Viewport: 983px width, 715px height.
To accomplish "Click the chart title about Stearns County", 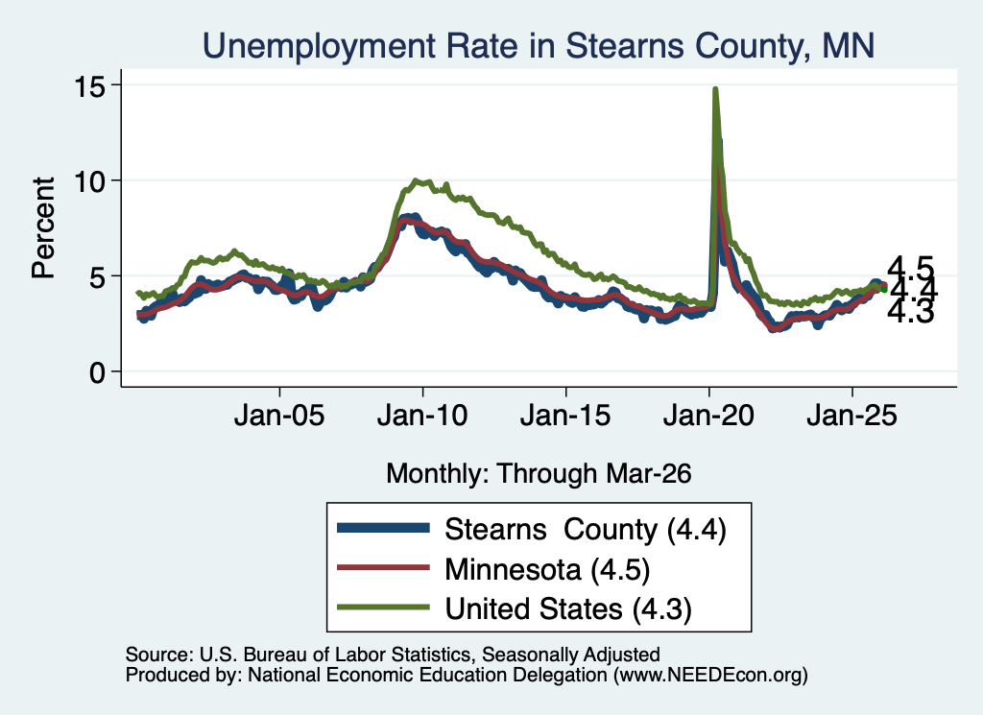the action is tap(538, 46).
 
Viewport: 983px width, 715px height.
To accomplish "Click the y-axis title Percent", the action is tap(43, 227).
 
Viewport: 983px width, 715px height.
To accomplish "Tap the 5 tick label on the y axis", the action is tap(97, 277).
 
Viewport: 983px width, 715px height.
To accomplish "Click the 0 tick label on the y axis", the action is tap(97, 372).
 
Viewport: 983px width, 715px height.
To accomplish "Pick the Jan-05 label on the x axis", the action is tap(279, 416).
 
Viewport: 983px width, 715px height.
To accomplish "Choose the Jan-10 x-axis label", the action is tap(422, 416).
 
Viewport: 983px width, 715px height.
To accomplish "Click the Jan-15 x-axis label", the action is tap(565, 416).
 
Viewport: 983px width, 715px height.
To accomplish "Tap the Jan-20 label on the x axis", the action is tap(708, 416).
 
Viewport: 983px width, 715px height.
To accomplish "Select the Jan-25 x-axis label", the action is tap(852, 416).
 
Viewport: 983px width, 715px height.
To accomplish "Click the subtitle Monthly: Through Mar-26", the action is tap(539, 474).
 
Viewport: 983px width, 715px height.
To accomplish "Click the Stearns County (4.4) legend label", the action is tap(586, 530).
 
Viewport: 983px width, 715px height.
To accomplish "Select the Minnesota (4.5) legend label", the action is tap(547, 570).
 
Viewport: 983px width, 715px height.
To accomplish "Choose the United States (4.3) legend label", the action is tap(568, 609).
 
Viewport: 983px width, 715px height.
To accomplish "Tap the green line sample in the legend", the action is tap(383, 608).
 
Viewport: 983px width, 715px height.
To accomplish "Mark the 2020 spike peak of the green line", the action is tap(714, 89).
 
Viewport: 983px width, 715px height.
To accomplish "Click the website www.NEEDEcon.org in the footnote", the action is tap(710, 675).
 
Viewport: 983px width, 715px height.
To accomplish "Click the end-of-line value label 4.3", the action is tap(911, 311).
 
